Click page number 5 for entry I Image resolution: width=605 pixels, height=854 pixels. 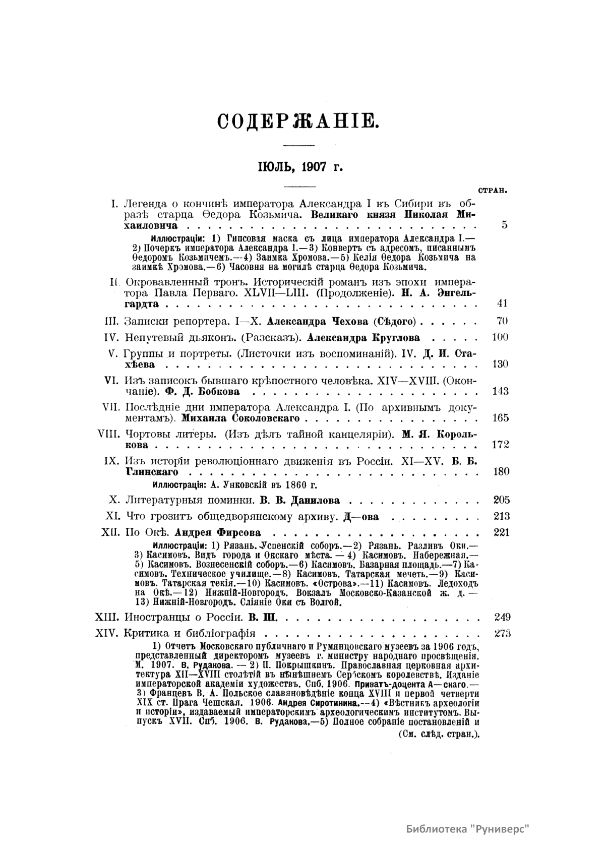504,225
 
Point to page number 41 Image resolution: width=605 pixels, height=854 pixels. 501,303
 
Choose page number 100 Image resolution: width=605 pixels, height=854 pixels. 499,337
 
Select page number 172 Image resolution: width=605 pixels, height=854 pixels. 500,444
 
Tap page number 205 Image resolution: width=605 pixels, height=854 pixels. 501,500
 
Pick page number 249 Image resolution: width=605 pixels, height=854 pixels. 502,617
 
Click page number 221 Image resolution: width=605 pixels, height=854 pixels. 502,532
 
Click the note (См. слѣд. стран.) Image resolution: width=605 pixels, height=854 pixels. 434,734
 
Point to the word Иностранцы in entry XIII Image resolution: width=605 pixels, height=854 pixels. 157,617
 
